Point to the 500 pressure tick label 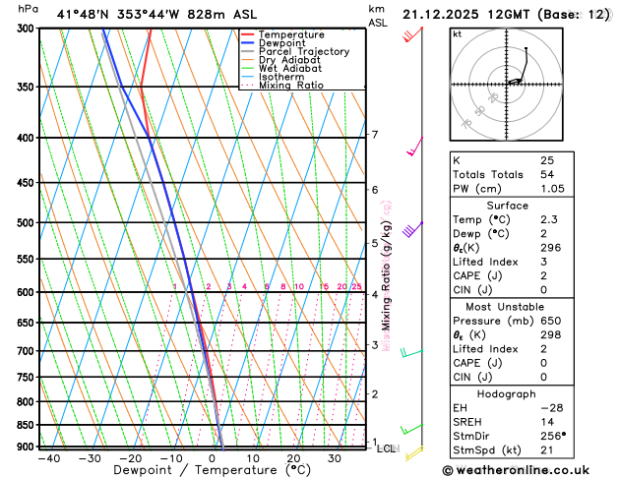[27, 223]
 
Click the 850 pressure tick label [27, 425]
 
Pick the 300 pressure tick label [27, 29]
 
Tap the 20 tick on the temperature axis [294, 458]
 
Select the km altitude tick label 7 [374, 135]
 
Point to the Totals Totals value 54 [548, 174]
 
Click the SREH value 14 [548, 421]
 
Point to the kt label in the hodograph [457, 33]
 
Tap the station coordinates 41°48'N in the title [83, 13]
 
